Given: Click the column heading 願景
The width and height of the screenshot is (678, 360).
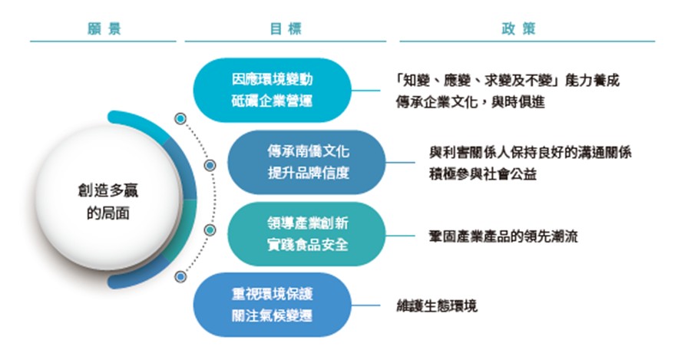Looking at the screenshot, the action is click(x=104, y=29).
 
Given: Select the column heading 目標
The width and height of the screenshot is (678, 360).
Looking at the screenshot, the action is click(x=286, y=29).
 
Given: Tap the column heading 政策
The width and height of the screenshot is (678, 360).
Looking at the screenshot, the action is click(x=518, y=29).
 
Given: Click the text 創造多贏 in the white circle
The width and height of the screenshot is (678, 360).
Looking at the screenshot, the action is click(x=108, y=190).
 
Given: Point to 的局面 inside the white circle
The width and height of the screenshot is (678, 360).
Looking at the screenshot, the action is click(x=108, y=213).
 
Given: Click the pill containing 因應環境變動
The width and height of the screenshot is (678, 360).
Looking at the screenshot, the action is click(x=272, y=91).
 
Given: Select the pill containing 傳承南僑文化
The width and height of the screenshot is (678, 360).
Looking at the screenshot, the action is click(x=306, y=162).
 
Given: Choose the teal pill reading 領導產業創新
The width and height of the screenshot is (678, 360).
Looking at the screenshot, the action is click(x=306, y=234).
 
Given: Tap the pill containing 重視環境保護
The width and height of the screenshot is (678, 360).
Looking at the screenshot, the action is click(x=272, y=305).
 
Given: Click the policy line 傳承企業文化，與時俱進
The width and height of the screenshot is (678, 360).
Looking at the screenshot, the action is click(x=470, y=102).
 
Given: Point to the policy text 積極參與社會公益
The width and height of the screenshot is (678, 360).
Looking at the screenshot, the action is click(x=483, y=173).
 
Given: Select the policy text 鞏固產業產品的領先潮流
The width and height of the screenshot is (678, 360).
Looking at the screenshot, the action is click(x=503, y=236).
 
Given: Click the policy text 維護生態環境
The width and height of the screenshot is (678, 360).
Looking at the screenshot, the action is click(x=437, y=306).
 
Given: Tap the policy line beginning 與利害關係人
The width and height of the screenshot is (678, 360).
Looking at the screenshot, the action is click(x=530, y=152).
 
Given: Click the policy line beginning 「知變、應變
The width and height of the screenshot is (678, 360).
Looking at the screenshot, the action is click(x=508, y=81).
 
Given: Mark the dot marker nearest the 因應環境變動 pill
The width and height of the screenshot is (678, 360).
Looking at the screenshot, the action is click(x=180, y=118).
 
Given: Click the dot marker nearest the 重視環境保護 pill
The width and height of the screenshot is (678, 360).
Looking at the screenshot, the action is click(x=180, y=276).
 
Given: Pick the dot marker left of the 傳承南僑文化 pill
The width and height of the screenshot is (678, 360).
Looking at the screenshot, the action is click(x=210, y=165).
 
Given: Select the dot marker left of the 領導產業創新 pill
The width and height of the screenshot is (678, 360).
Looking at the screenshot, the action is click(x=210, y=230).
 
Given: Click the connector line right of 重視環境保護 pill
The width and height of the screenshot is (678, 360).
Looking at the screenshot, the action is click(x=365, y=305).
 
